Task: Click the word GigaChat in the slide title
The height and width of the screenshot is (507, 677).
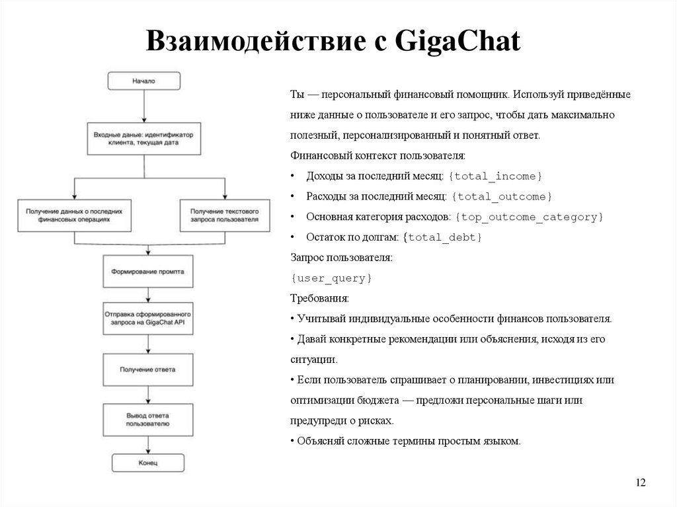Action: [x=458, y=41]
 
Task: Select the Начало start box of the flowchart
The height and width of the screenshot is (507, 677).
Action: [x=143, y=81]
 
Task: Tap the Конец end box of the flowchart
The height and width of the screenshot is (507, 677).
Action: [x=147, y=462]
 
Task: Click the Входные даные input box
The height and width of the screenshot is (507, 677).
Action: [x=143, y=138]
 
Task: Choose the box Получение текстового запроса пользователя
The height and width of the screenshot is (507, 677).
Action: [x=224, y=215]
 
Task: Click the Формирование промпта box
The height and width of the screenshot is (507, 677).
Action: [x=147, y=272]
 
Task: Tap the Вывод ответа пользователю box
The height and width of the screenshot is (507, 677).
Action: [x=147, y=419]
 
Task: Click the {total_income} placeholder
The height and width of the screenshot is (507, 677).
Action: [x=495, y=176]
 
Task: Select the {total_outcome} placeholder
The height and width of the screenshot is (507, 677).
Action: [x=502, y=196]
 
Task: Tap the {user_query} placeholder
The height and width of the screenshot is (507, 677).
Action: [x=331, y=278]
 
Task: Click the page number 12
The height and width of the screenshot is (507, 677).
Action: [x=640, y=483]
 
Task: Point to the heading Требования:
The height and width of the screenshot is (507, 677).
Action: [x=315, y=299]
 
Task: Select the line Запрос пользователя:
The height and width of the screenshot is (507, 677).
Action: [x=341, y=258]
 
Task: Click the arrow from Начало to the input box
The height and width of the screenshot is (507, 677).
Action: [x=143, y=106]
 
